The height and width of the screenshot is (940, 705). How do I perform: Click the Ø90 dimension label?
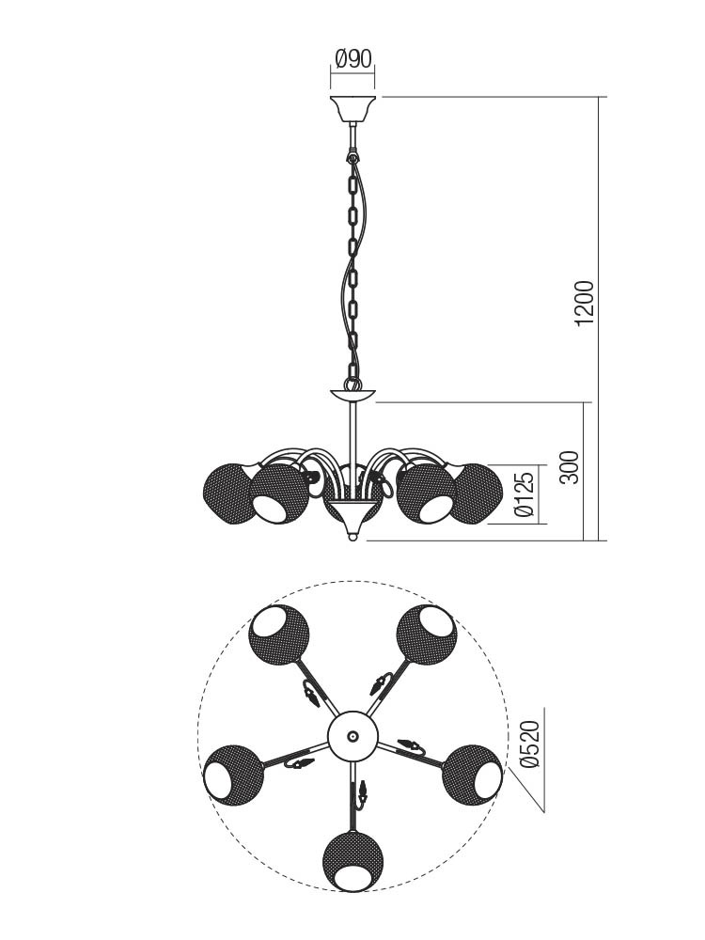[353, 58]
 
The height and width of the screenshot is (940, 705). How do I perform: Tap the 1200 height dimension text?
[584, 304]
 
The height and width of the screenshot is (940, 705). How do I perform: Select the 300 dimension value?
[572, 467]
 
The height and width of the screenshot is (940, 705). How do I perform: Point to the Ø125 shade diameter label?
[524, 494]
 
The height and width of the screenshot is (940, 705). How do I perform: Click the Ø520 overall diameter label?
[530, 744]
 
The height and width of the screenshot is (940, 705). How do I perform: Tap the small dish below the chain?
[352, 395]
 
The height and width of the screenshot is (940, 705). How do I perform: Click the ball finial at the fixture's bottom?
[352, 537]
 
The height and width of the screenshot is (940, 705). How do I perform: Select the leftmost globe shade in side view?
[227, 495]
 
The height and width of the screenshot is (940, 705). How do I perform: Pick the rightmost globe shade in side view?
[478, 493]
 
